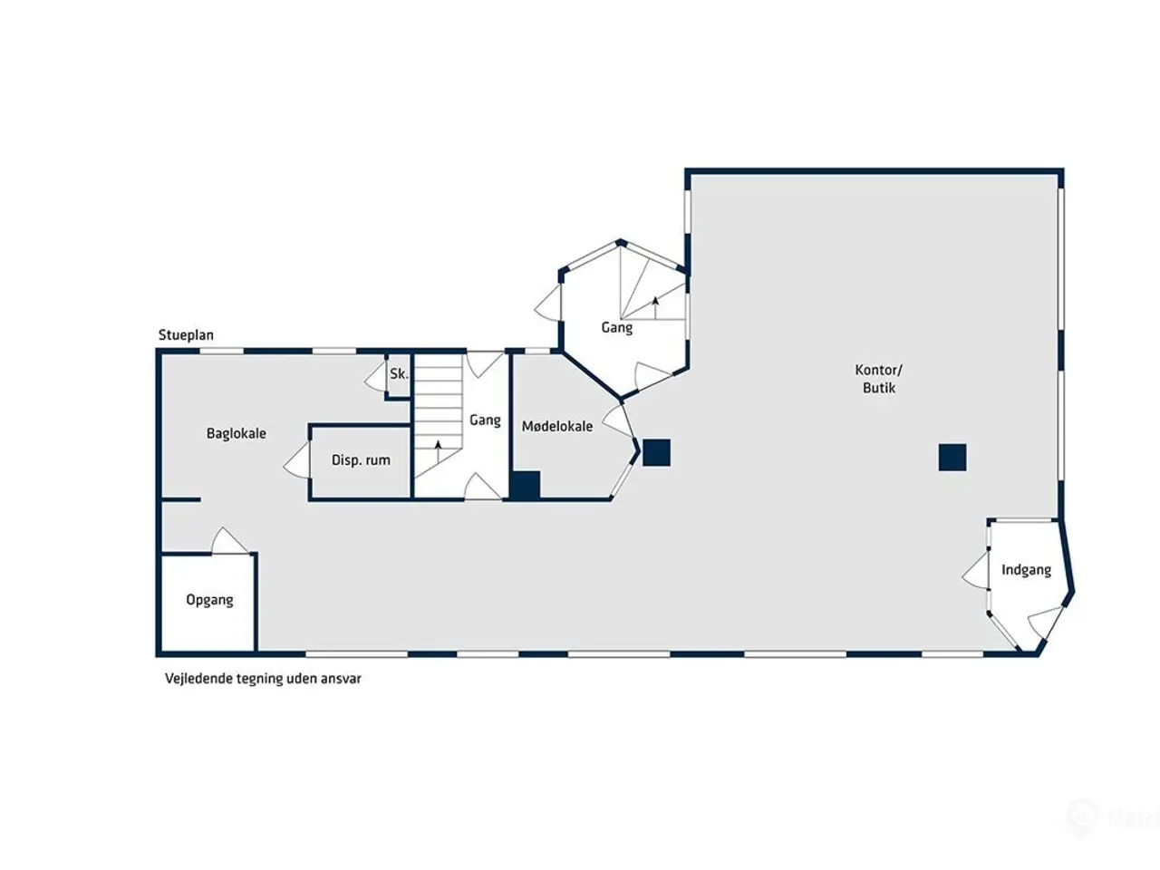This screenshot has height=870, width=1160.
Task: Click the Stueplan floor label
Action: pyautogui.click(x=186, y=335)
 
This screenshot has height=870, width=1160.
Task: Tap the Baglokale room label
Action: pyautogui.click(x=237, y=434)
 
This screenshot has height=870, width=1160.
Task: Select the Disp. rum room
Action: pyautogui.click(x=361, y=460)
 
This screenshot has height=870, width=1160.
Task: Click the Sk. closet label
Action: pyautogui.click(x=399, y=374)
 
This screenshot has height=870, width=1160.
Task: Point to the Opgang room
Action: pyautogui.click(x=210, y=600)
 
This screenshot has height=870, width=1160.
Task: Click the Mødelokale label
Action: pyautogui.click(x=557, y=426)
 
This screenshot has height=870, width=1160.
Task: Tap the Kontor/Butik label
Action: pyautogui.click(x=879, y=379)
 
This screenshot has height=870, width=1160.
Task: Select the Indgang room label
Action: pyautogui.click(x=1026, y=570)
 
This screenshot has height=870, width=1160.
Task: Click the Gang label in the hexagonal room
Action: pyautogui.click(x=617, y=327)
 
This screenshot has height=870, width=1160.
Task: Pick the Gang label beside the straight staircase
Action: pyautogui.click(x=485, y=420)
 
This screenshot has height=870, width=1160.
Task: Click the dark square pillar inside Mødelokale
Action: pyautogui.click(x=526, y=484)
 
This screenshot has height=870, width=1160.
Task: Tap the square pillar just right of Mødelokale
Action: pyautogui.click(x=656, y=453)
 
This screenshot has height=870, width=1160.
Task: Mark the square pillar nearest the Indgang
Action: pyautogui.click(x=952, y=458)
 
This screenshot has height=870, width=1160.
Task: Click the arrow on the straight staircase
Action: pyautogui.click(x=438, y=451)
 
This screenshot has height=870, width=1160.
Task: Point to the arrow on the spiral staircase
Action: pyautogui.click(x=656, y=308)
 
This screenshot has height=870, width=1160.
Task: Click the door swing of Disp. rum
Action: pyautogui.click(x=297, y=460)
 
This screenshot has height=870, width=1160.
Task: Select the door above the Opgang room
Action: pyautogui.click(x=230, y=540)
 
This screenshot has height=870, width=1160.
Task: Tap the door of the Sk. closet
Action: pyautogui.click(x=375, y=376)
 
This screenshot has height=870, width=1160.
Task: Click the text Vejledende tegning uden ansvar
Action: pyautogui.click(x=263, y=679)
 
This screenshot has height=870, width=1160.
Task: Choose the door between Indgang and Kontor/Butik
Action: pyautogui.click(x=975, y=570)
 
